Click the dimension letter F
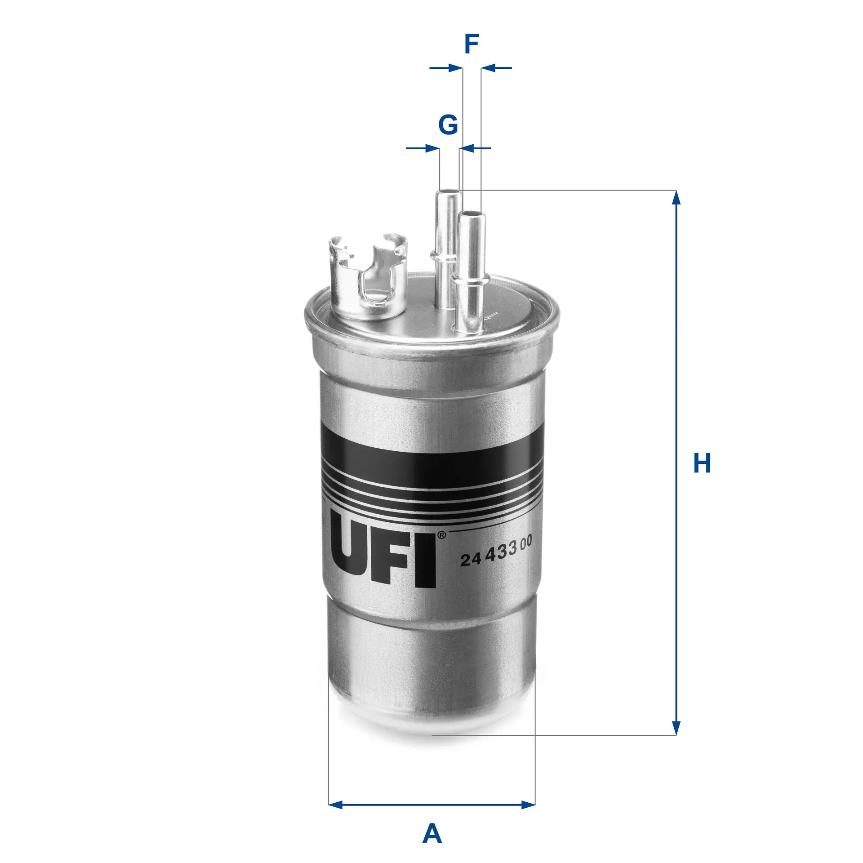[x=471, y=44]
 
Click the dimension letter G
[x=448, y=125]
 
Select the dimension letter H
[x=702, y=463]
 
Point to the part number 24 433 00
[x=496, y=551]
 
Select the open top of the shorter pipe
[x=471, y=214]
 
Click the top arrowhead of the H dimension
[x=676, y=198]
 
